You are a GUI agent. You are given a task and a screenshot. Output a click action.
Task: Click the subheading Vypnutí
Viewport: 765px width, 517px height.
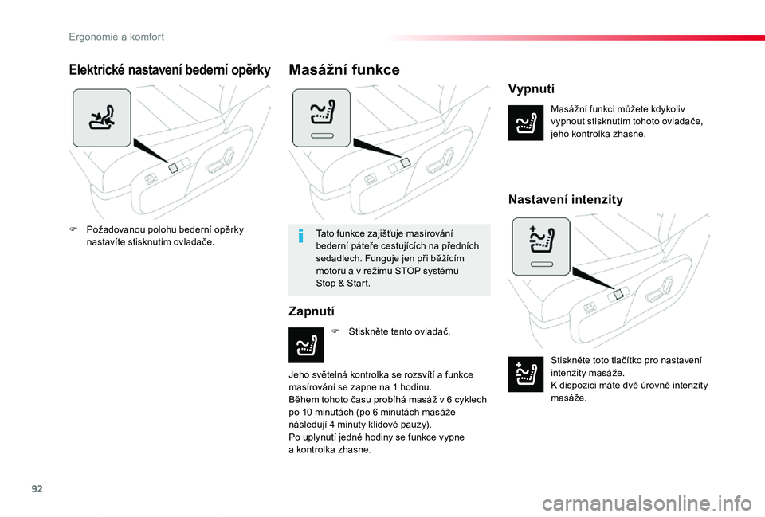pos(531,88)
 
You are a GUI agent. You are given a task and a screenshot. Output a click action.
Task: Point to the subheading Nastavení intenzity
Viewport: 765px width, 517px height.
pos(565,199)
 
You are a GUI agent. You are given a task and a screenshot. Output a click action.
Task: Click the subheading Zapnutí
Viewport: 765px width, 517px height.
pos(311,311)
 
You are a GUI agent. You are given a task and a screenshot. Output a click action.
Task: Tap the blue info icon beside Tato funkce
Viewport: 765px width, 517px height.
pos(300,237)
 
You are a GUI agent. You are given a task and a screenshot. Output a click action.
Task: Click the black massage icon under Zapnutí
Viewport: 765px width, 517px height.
pos(305,344)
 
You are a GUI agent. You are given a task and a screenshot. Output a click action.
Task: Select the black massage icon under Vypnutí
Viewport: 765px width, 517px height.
pos(524,123)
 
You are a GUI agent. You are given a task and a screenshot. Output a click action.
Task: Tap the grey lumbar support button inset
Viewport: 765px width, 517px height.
pos(101,118)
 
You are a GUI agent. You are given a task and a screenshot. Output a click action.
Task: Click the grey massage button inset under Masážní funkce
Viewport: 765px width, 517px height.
pos(320,118)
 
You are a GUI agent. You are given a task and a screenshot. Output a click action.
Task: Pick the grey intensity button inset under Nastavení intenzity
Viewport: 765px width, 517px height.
pos(540,246)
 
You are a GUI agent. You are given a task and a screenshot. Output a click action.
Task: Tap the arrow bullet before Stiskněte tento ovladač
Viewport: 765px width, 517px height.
pos(335,330)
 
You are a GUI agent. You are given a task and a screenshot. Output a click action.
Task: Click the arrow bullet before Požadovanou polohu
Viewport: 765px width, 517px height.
pos(73,229)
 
